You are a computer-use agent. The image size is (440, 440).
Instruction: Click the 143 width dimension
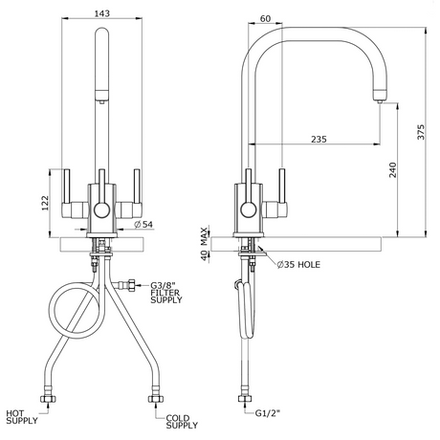(x=102, y=13)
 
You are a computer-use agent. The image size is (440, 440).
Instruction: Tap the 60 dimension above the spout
(x=265, y=19)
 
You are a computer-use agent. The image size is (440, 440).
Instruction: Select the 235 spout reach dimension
(x=319, y=140)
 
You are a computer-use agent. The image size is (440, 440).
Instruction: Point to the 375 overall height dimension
(x=421, y=132)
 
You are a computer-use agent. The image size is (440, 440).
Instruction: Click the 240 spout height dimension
(x=393, y=170)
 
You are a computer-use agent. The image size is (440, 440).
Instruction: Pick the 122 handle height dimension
(x=45, y=203)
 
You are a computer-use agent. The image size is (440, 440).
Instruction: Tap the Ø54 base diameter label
(x=143, y=225)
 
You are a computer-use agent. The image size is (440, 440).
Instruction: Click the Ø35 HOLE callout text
(x=298, y=264)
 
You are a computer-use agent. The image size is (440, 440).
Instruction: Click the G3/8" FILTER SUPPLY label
(x=166, y=293)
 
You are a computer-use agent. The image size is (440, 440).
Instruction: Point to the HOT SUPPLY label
(x=22, y=417)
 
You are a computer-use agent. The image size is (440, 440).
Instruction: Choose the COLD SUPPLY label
(x=182, y=422)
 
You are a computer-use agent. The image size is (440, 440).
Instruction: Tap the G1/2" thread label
(x=268, y=413)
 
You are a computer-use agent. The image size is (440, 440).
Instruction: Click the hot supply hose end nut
(x=49, y=399)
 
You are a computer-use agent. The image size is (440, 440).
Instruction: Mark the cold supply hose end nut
(x=156, y=399)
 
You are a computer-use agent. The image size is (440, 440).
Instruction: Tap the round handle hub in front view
(x=102, y=210)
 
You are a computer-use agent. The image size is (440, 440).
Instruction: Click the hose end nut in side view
(x=245, y=399)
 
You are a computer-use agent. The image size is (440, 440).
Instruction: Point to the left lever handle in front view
(x=67, y=187)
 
